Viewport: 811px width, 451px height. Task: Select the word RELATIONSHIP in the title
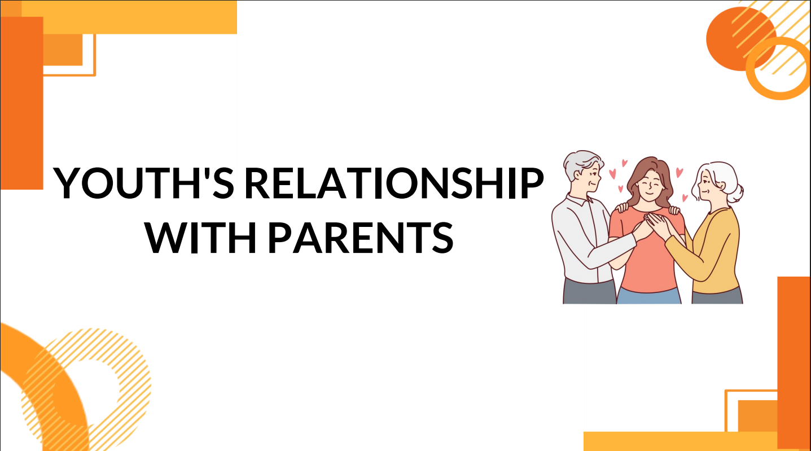pos(394,183)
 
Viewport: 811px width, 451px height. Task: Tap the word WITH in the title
pos(201,237)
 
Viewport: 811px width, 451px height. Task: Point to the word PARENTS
pos(360,237)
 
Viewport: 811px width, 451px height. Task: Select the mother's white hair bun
pos(736,194)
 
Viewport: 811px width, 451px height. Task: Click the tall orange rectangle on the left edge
pos(21,103)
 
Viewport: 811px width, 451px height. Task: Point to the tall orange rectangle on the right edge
pos(794,362)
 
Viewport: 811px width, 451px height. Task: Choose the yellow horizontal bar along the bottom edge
pos(681,441)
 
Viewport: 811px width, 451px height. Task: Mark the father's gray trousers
pos(589,293)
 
